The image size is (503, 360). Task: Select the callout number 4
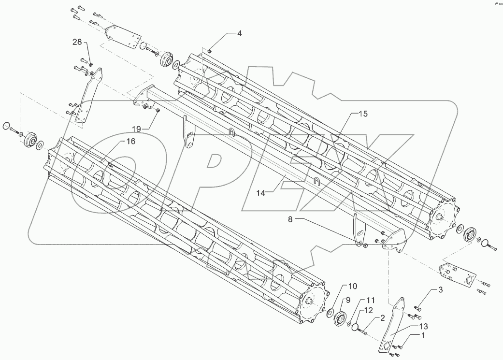coord(239,33)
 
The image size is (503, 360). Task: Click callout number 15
coord(363,114)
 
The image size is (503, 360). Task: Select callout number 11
coord(370,300)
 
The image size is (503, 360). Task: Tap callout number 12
coord(368,310)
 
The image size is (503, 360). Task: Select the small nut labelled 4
coord(210,50)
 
